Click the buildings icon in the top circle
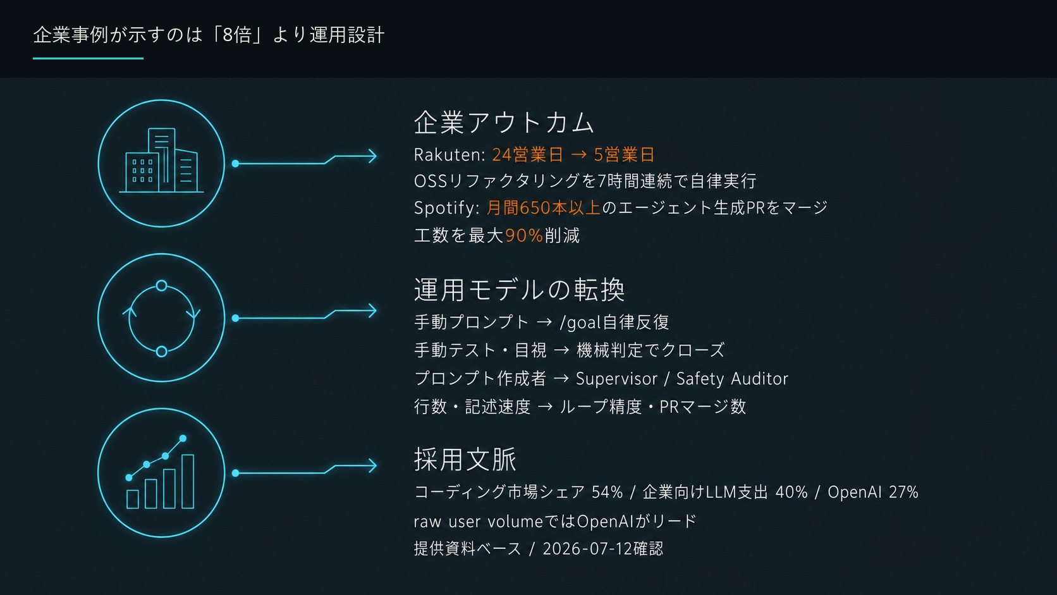[161, 161]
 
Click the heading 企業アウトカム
[503, 122]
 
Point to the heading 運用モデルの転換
[519, 289]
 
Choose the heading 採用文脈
[465, 459]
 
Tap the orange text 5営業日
[624, 155]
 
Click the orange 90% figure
[524, 235]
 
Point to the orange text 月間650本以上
[543, 207]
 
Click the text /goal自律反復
[614, 322]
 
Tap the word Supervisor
[616, 379]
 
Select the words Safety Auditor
[732, 379]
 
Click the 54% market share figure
[607, 492]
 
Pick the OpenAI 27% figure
[873, 492]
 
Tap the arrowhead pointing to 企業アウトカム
[372, 156]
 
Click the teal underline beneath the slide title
[89, 59]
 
